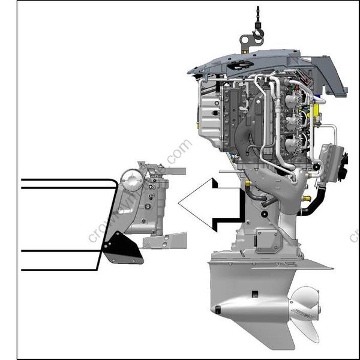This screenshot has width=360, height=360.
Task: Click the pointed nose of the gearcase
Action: pyautogui.click(x=216, y=310)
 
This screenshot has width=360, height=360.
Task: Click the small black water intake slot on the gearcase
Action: pyautogui.click(x=254, y=293)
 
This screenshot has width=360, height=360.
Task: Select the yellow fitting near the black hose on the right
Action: pyautogui.click(x=308, y=197)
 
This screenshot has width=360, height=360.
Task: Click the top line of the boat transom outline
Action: pyautogui.click(x=66, y=179)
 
